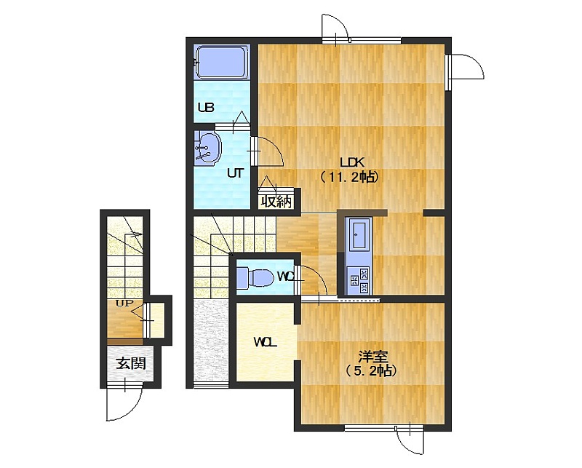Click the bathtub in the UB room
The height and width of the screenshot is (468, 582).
pos(222,62)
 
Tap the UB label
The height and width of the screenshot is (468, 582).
pos(206,108)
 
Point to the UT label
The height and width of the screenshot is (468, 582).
pos(235,173)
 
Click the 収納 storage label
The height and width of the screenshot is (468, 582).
pos(276,202)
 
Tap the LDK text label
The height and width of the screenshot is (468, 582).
pos(352,162)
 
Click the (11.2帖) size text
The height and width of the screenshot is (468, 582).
pos(349,177)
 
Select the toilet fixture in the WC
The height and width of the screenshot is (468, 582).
pos(255,277)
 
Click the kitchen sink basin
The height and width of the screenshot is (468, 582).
pos(359,235)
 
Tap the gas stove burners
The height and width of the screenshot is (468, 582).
pos(359,280)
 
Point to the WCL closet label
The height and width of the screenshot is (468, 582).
pos(265,342)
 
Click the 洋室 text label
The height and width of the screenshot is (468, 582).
pos(372,357)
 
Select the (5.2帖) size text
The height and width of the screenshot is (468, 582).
pos(370,370)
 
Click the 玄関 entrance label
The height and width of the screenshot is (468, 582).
pos(131,363)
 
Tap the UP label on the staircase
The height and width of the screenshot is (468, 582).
pos(124,304)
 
